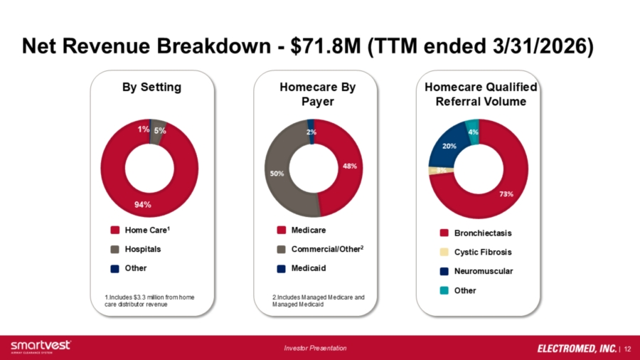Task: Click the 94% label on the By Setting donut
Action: [143, 204]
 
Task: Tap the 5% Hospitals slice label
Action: [160, 131]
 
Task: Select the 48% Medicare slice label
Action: [350, 166]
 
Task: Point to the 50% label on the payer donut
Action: [277, 174]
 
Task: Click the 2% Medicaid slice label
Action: [311, 132]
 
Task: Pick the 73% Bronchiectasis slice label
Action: [506, 194]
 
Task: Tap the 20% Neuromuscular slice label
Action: [449, 146]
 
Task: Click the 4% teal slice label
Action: [473, 132]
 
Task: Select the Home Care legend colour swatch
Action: [115, 231]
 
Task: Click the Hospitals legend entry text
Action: [143, 249]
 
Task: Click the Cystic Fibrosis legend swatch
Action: [444, 252]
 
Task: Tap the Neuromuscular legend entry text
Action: [484, 271]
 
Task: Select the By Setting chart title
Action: [152, 87]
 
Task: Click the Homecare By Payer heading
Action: [318, 95]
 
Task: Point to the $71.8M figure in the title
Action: [326, 46]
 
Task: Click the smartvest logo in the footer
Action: [41, 346]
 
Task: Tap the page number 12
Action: [627, 349]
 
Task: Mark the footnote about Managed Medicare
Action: [319, 301]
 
